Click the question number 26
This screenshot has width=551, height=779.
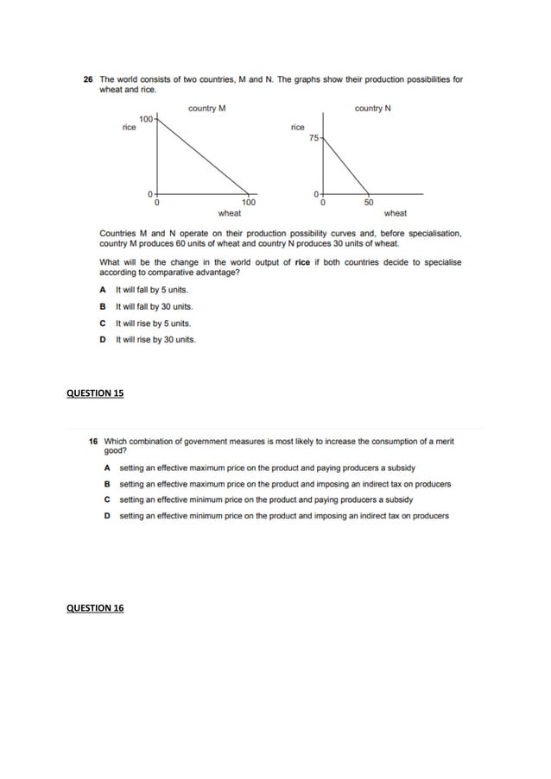coord(87,79)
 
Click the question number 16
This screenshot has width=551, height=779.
coord(94,441)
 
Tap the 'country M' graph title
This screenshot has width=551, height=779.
coord(207,108)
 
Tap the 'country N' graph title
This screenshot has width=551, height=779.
coord(373,108)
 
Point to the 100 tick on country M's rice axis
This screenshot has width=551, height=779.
coord(146,117)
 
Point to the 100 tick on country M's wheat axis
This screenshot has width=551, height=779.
coord(248,204)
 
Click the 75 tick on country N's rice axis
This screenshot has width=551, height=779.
coord(314,138)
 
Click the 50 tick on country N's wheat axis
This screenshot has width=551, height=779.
coord(369,204)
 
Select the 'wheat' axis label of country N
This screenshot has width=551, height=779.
coord(396,213)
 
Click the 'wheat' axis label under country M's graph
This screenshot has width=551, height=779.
coord(230,213)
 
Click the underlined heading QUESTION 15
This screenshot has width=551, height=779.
coord(95,393)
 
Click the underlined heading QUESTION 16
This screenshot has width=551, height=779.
coord(95,608)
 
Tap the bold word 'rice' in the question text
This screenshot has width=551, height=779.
coord(302,262)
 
